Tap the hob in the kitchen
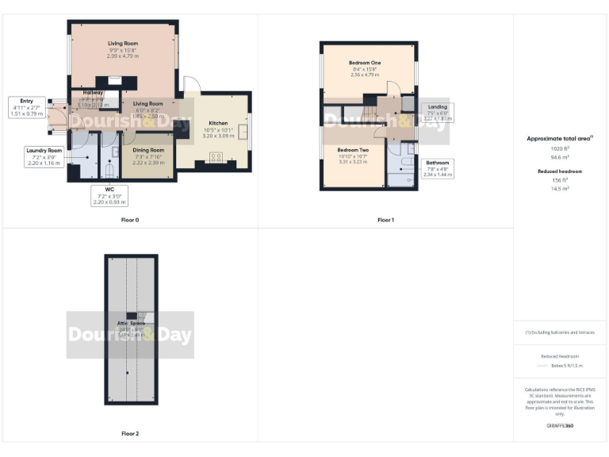216,156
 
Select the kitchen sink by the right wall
244,131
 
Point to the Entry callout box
27,107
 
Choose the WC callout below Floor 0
109,196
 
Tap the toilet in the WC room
110,168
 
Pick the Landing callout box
437,112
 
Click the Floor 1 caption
385,219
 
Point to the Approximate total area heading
560,138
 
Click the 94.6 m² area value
560,157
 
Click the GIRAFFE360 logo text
560,426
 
